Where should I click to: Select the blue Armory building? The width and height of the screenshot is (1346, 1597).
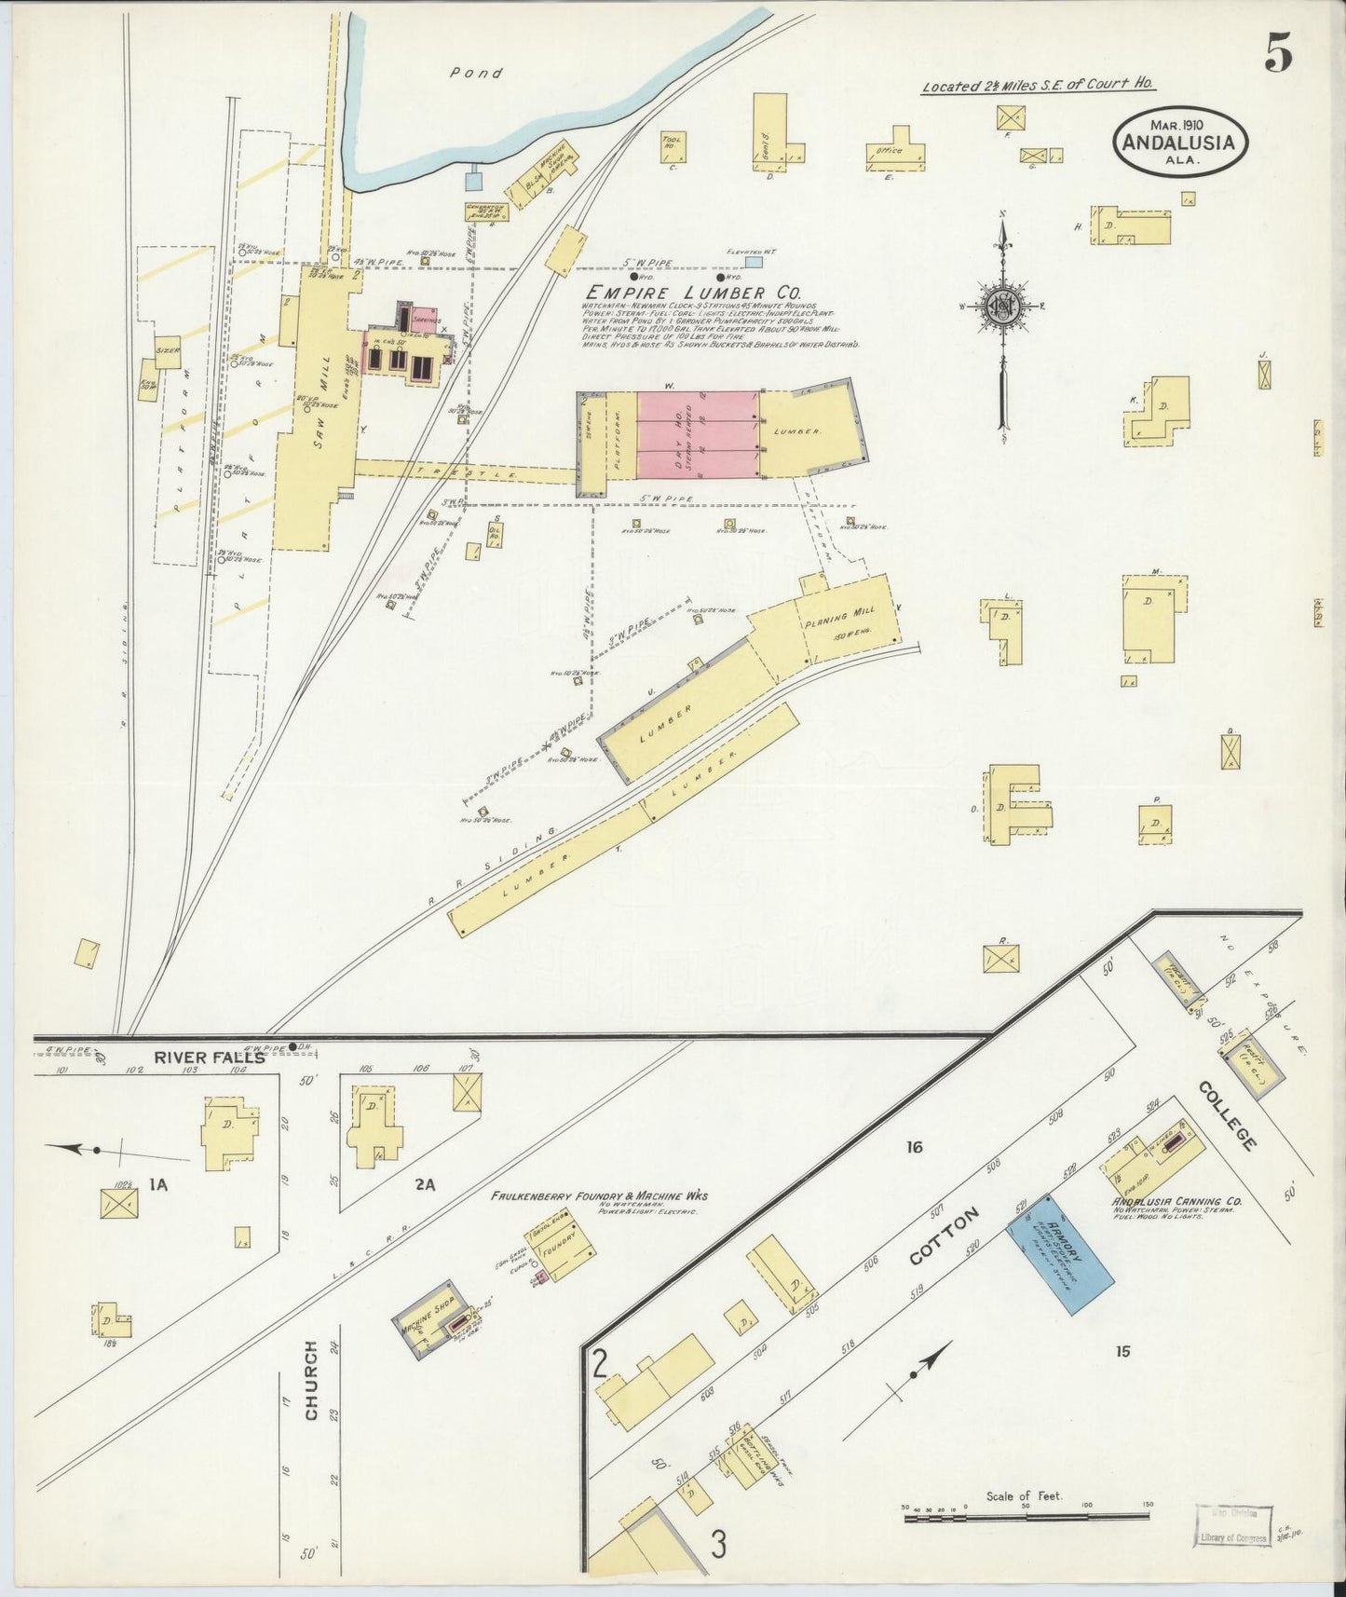(1060, 1254)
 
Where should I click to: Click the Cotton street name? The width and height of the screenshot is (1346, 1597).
(945, 1235)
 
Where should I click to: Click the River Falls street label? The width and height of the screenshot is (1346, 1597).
(209, 1057)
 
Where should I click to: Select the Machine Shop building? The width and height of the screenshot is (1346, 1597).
(428, 1316)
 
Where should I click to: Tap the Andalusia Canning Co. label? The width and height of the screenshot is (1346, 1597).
(1176, 1201)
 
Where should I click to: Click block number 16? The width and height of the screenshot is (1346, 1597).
(914, 1147)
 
